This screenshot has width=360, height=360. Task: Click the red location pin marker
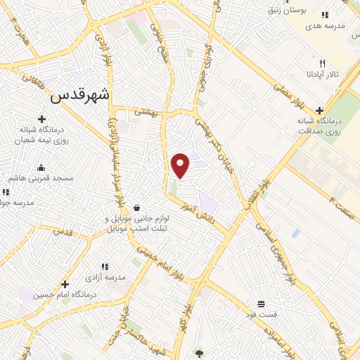coord(181,165)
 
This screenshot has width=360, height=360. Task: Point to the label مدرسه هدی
coord(324,25)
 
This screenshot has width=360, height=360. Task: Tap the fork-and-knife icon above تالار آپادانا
coord(322,63)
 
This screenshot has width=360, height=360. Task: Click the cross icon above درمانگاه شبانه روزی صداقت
coord(320,110)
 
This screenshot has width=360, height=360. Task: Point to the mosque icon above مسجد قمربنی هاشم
coord(41,167)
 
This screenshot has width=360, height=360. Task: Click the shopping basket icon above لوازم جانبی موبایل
coord(136,207)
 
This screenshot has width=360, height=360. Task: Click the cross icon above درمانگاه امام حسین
coord(65,285)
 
